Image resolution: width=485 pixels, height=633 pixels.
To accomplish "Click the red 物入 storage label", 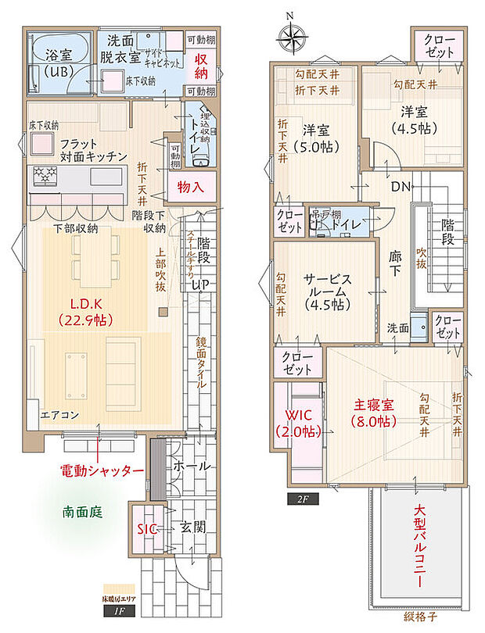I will (x=190, y=188).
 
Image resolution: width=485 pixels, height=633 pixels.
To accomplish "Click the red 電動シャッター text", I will (x=102, y=471).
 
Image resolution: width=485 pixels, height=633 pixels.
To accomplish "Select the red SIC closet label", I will (x=146, y=528).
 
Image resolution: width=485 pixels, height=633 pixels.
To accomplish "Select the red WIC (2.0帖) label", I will (x=298, y=423).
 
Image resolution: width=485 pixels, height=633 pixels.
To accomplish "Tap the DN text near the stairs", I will (x=401, y=188).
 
